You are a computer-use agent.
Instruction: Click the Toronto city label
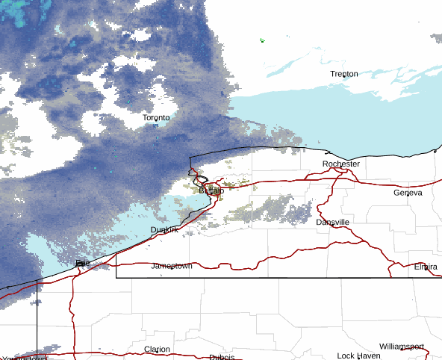click(x=156, y=118)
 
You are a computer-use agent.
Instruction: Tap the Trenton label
click(x=344, y=74)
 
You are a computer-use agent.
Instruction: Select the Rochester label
click(x=340, y=164)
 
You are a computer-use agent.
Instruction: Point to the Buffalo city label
click(x=211, y=191)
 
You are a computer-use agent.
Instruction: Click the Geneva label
click(x=408, y=193)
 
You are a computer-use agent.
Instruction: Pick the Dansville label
click(x=331, y=223)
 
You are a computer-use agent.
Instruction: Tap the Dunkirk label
click(x=164, y=229)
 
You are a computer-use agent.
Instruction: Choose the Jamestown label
click(x=172, y=266)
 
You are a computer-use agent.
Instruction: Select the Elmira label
click(x=428, y=267)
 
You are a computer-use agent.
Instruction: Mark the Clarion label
click(x=157, y=349)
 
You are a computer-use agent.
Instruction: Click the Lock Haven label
click(x=358, y=356)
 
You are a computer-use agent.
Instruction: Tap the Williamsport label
click(x=401, y=347)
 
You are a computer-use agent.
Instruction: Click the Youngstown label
click(x=22, y=358)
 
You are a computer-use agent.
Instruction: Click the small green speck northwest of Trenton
click(x=262, y=40)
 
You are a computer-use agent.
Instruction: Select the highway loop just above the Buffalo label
click(x=201, y=179)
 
